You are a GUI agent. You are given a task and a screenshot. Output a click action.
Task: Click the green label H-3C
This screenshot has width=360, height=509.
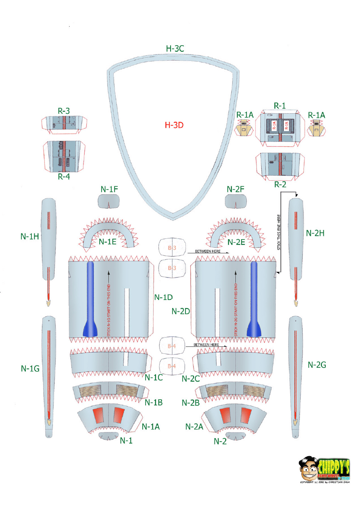pyautogui.click(x=175, y=48)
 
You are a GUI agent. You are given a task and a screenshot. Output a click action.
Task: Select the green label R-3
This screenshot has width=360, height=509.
pyautogui.click(x=64, y=111)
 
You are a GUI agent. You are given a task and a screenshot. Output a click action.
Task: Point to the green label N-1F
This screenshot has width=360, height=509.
pyautogui.click(x=109, y=189)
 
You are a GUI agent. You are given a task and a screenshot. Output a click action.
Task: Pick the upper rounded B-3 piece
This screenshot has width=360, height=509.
pyautogui.click(x=172, y=248)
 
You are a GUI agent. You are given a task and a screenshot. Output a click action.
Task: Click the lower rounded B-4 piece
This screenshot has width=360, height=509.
pyautogui.click(x=172, y=366)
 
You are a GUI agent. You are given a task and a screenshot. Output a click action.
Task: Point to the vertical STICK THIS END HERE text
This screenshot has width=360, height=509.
pyautogui.click(x=279, y=232)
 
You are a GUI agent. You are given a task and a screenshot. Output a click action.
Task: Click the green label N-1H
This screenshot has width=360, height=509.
pyautogui.click(x=30, y=237)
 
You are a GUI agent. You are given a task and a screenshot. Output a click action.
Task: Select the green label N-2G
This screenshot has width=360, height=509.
pyautogui.click(x=316, y=365)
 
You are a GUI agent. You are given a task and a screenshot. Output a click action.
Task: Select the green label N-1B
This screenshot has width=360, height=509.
pyautogui.click(x=154, y=402)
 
